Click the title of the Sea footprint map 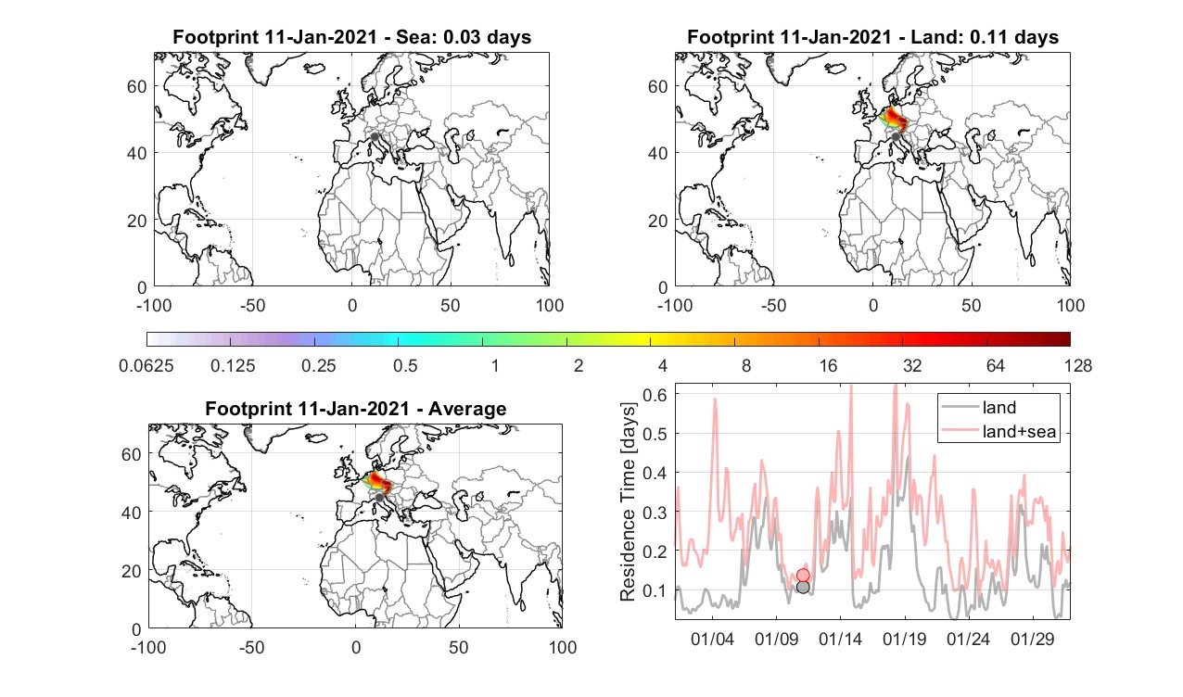pos(351,37)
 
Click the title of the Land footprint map pos(873,37)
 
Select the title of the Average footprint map pos(355,409)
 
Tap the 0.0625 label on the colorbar pos(146,365)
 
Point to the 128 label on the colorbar pos(1078,365)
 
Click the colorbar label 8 pos(746,365)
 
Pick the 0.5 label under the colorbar pos(405,365)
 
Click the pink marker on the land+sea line pos(803,575)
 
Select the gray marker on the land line pos(803,588)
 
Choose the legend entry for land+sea pos(999,431)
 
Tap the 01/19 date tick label pos(904,640)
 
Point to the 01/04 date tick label pos(712,640)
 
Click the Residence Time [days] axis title pos(628,501)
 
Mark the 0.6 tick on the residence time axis pos(655,395)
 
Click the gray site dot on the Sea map pos(375,136)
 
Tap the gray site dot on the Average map pos(379,498)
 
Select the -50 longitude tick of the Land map pos(774,305)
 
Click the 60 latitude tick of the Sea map pos(137,86)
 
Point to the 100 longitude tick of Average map pos(562,647)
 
